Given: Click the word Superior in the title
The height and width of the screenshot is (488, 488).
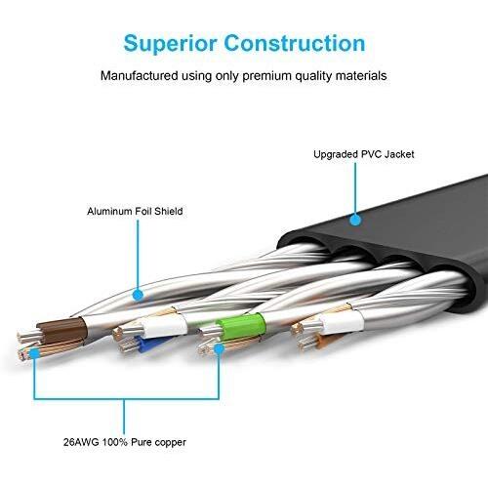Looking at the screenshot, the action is [170, 44].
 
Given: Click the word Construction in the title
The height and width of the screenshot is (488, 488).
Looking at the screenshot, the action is [295, 43].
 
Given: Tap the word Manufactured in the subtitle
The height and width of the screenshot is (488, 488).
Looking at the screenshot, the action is [140, 75].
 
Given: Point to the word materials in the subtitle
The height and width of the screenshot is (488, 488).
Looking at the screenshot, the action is [361, 76].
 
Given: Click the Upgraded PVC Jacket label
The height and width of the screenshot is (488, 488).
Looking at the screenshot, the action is [364, 154].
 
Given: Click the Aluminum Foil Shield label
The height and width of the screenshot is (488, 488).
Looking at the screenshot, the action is [135, 211].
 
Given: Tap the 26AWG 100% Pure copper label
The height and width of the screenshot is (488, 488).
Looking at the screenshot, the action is [125, 442].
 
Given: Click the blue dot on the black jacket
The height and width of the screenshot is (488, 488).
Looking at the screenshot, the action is [355, 220].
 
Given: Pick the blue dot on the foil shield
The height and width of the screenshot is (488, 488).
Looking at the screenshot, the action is [138, 296].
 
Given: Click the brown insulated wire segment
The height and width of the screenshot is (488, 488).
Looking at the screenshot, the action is [61, 330].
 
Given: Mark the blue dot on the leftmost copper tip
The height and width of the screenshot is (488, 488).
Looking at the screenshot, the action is [34, 353].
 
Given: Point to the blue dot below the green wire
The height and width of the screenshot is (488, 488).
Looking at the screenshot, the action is [219, 348].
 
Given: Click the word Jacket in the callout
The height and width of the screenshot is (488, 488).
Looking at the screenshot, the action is [399, 154].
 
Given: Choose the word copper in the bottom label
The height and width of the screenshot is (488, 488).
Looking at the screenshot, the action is [170, 443].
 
